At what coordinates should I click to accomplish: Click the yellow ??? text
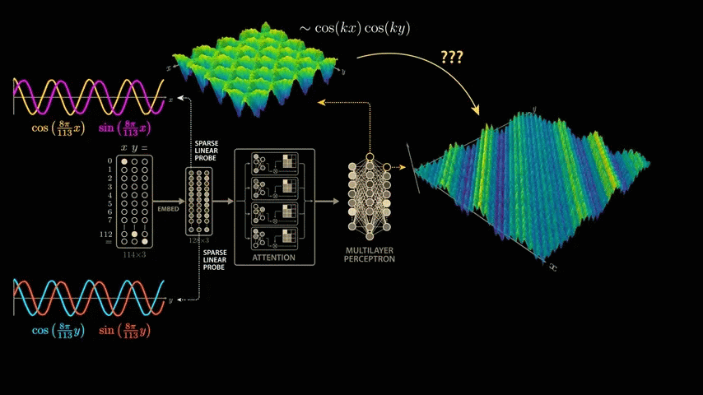point(451,58)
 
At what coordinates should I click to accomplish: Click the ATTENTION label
point(274,258)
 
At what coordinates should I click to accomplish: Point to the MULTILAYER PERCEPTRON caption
point(371,253)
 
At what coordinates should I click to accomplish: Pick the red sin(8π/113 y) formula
point(125,330)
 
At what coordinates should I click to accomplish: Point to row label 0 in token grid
point(109,160)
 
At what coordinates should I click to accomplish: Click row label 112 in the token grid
point(105,234)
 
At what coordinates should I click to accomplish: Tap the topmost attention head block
point(274,165)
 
